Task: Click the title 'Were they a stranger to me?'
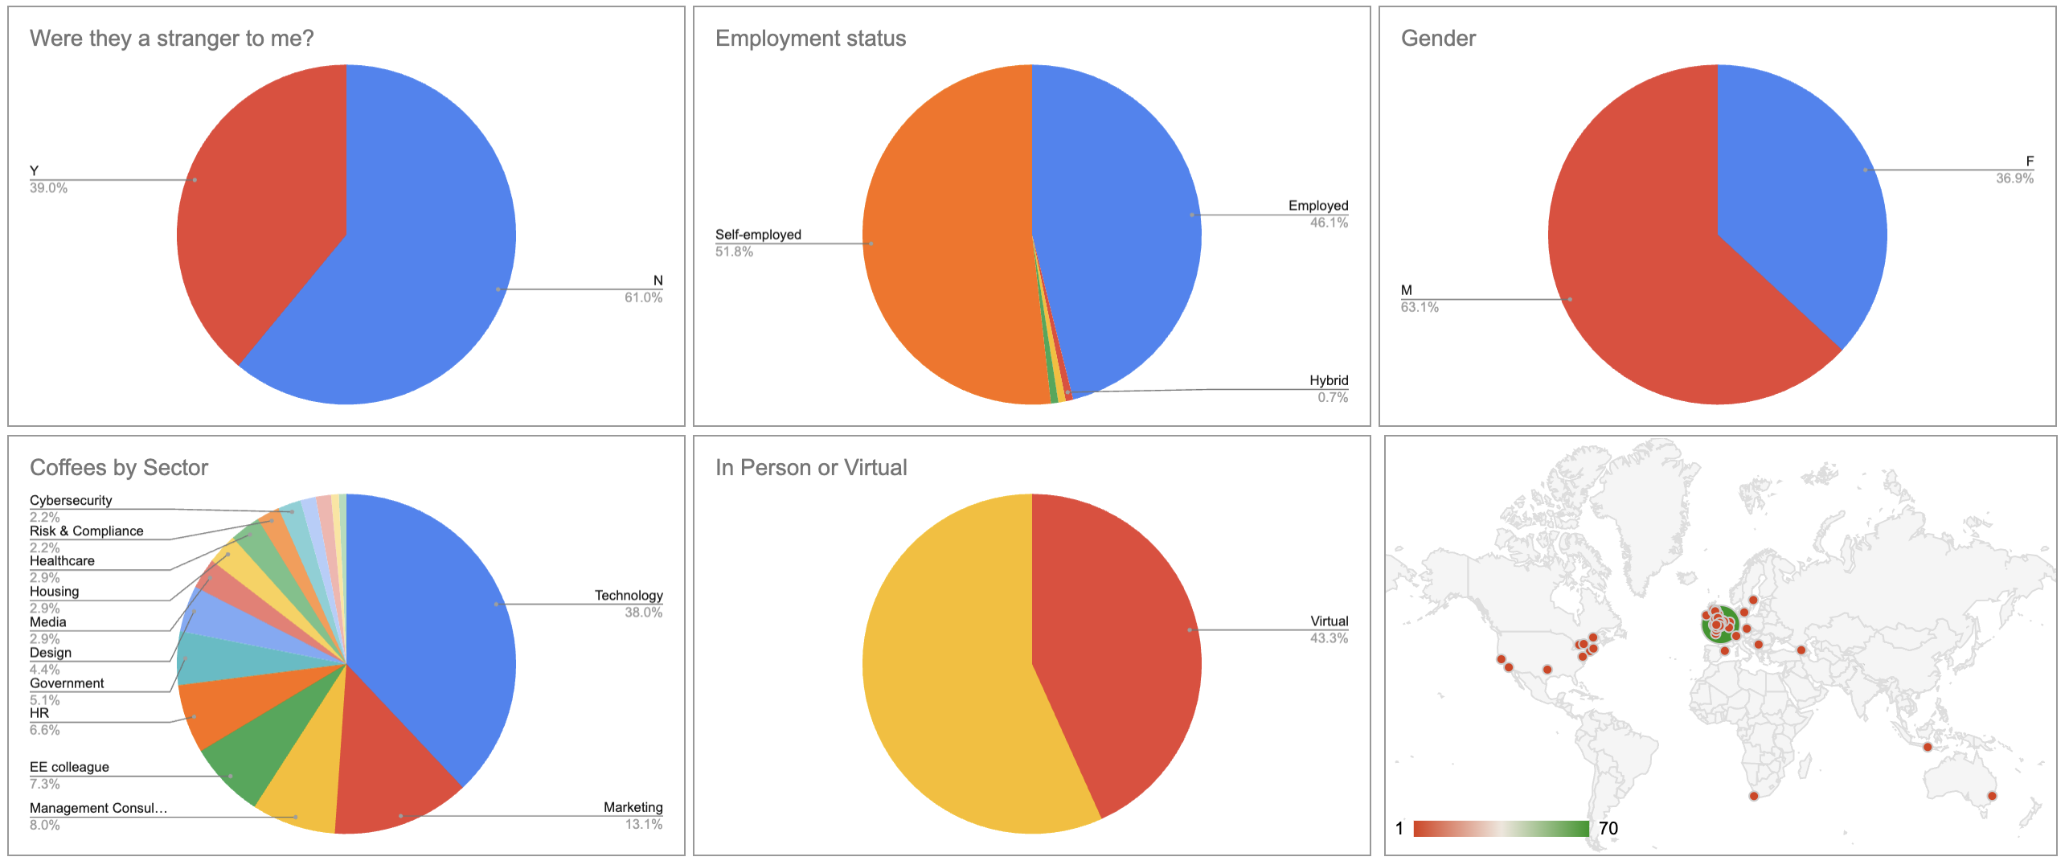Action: tap(171, 39)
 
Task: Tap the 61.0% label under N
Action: tap(643, 297)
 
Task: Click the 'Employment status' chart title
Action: tap(810, 39)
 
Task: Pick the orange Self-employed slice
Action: tap(940, 241)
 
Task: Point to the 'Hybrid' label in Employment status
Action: tap(1328, 380)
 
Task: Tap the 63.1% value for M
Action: tap(1420, 307)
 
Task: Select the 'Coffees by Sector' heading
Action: tap(119, 468)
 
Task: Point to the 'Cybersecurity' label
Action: tap(71, 500)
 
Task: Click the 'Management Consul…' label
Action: tap(98, 808)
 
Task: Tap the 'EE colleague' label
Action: tap(69, 767)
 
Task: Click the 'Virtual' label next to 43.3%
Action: tap(1329, 621)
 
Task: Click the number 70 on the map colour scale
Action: tap(1608, 829)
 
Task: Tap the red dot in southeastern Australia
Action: tap(1992, 796)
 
